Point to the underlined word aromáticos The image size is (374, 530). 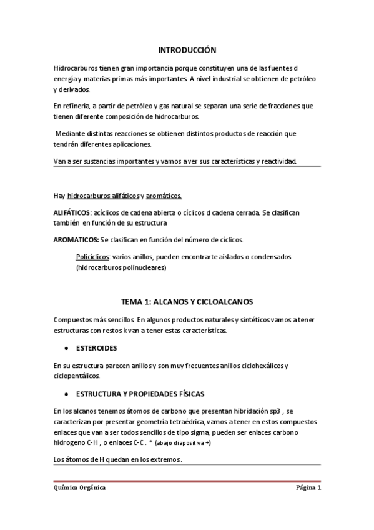[x=165, y=196]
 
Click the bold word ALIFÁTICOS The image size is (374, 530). [x=72, y=212]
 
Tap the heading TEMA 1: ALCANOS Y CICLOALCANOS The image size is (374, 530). [x=187, y=302]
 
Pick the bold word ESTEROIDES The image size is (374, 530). [x=96, y=347]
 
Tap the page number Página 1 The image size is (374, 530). [x=308, y=488]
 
